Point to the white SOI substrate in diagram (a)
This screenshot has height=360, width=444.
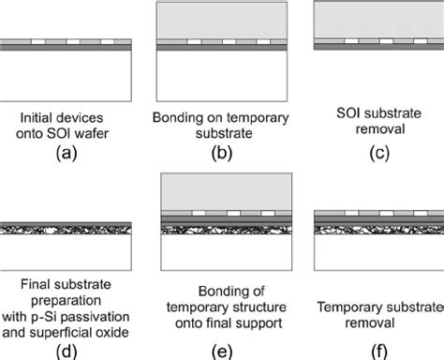[67, 75]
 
